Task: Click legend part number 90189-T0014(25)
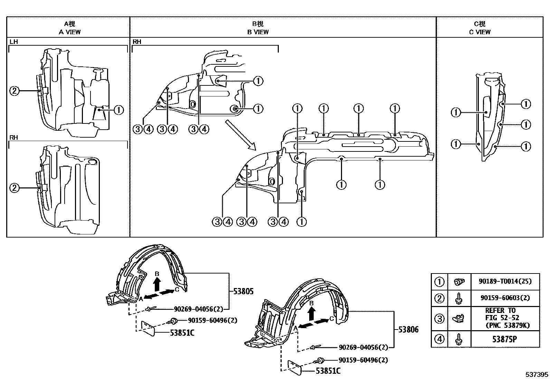(504, 282)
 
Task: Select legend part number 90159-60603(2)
(504, 298)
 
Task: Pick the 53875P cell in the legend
(504, 339)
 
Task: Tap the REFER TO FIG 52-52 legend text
(504, 318)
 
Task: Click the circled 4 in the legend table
(439, 339)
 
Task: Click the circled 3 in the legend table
(439, 318)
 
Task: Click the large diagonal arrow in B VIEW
(240, 135)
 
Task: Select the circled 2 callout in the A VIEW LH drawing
(14, 91)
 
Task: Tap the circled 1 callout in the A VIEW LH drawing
(118, 110)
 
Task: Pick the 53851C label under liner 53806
(328, 371)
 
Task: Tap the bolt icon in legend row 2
(459, 298)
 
